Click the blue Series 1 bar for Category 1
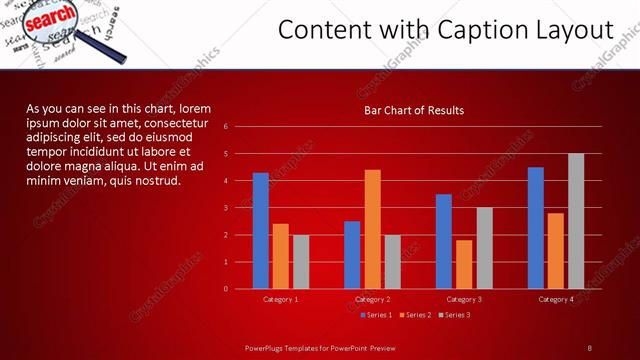261,231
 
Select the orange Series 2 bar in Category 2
372,229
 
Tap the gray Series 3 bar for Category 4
576,221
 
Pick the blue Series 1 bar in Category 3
444,241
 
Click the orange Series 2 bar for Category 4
556,251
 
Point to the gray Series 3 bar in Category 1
301,262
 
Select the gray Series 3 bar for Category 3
484,248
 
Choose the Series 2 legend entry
415,315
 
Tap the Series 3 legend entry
454,315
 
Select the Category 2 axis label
372,299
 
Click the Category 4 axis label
556,299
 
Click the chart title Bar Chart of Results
413,110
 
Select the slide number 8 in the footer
589,347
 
